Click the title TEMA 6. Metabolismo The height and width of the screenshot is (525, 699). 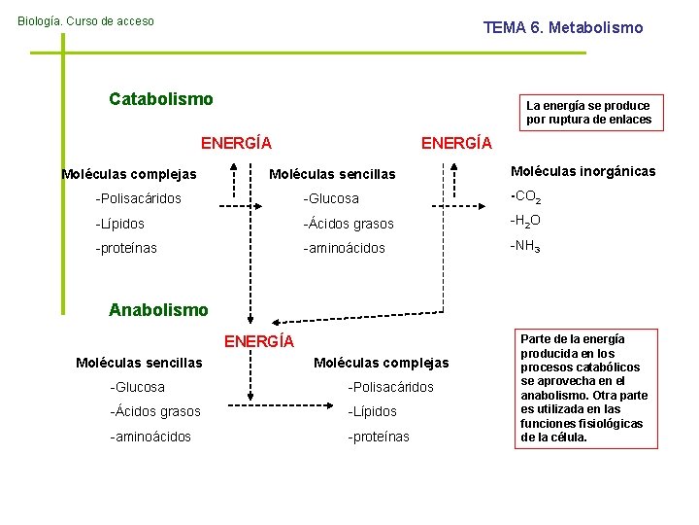click(563, 28)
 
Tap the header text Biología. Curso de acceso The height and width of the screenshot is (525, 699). click(85, 21)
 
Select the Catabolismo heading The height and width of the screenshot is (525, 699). click(161, 99)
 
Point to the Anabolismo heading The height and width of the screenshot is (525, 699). click(158, 310)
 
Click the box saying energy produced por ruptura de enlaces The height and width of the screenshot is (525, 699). click(588, 113)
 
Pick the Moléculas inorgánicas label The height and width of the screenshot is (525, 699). click(582, 172)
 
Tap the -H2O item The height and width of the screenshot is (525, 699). click(525, 221)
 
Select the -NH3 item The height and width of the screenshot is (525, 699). click(525, 246)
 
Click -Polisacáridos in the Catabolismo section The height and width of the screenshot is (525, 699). click(138, 198)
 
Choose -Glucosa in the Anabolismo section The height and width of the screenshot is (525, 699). click(138, 388)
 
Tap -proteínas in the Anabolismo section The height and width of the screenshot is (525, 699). click(379, 437)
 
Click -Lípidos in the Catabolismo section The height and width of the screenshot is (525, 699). click(120, 223)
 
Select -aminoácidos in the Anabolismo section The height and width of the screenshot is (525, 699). click(150, 437)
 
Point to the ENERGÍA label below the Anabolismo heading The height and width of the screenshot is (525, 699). click(259, 341)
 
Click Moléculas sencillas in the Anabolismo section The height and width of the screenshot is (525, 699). click(139, 363)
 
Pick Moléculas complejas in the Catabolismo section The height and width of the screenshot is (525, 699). click(128, 174)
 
